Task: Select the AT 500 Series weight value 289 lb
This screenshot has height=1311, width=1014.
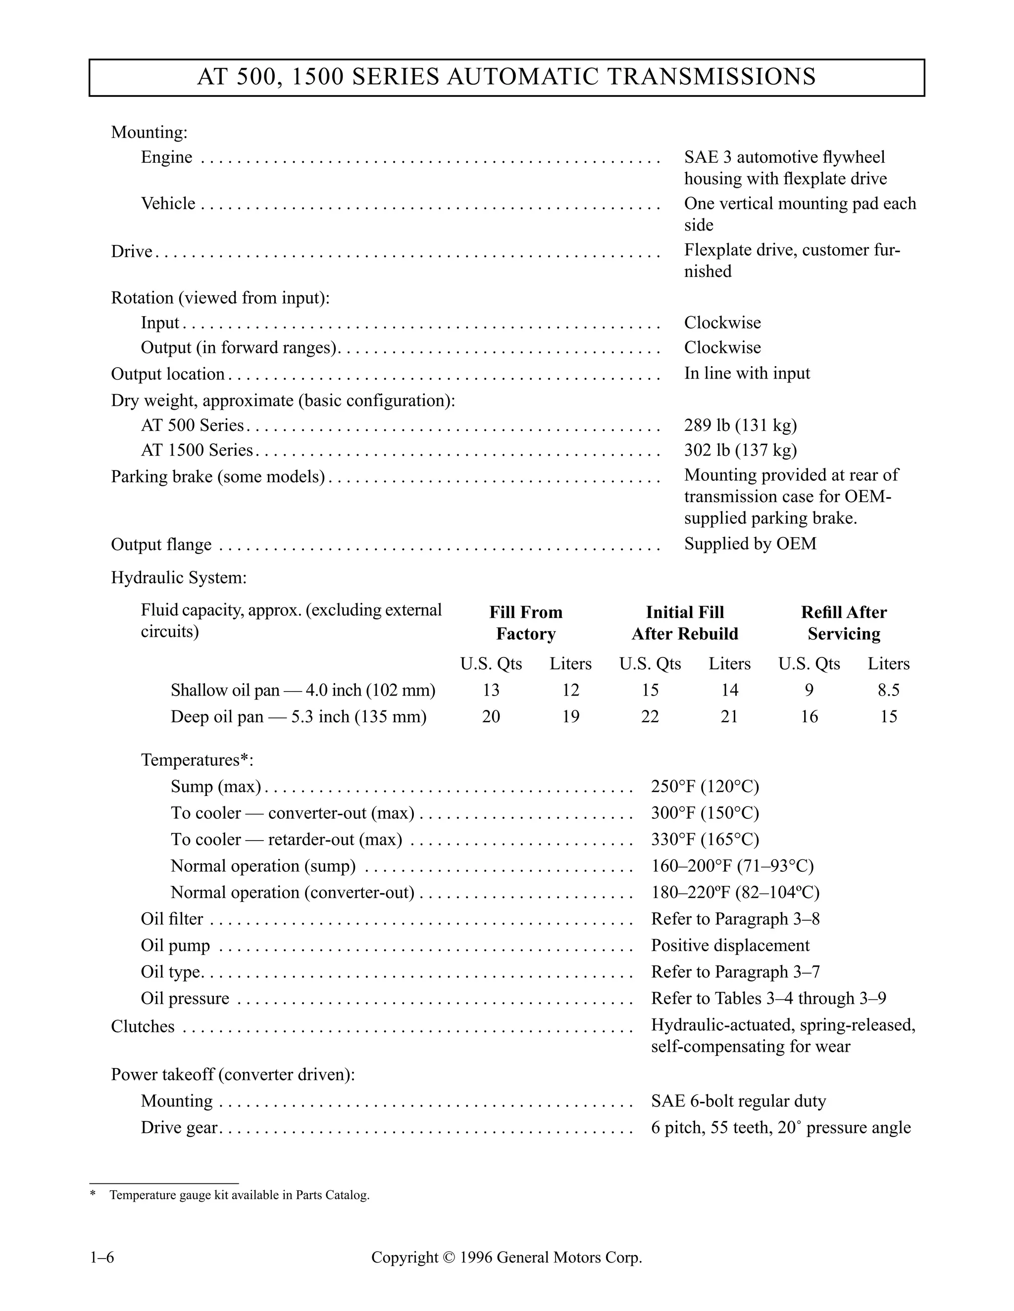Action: click(x=740, y=425)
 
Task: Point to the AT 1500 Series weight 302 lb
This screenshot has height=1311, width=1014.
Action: click(x=740, y=450)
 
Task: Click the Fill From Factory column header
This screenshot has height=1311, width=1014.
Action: click(x=526, y=622)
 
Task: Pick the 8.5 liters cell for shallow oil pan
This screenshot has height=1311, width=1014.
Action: click(x=888, y=690)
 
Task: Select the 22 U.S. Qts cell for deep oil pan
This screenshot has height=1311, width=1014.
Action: click(x=650, y=716)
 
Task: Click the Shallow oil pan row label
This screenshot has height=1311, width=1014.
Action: click(x=303, y=690)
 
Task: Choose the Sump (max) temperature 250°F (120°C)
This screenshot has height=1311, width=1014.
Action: click(x=705, y=787)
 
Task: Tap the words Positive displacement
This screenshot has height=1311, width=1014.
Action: click(x=730, y=945)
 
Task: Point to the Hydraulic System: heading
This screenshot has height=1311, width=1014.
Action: click(x=178, y=577)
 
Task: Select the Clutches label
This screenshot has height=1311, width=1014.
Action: click(x=143, y=1027)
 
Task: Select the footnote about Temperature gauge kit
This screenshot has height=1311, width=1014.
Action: click(x=239, y=1195)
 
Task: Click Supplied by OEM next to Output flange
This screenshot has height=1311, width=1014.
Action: click(x=750, y=543)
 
